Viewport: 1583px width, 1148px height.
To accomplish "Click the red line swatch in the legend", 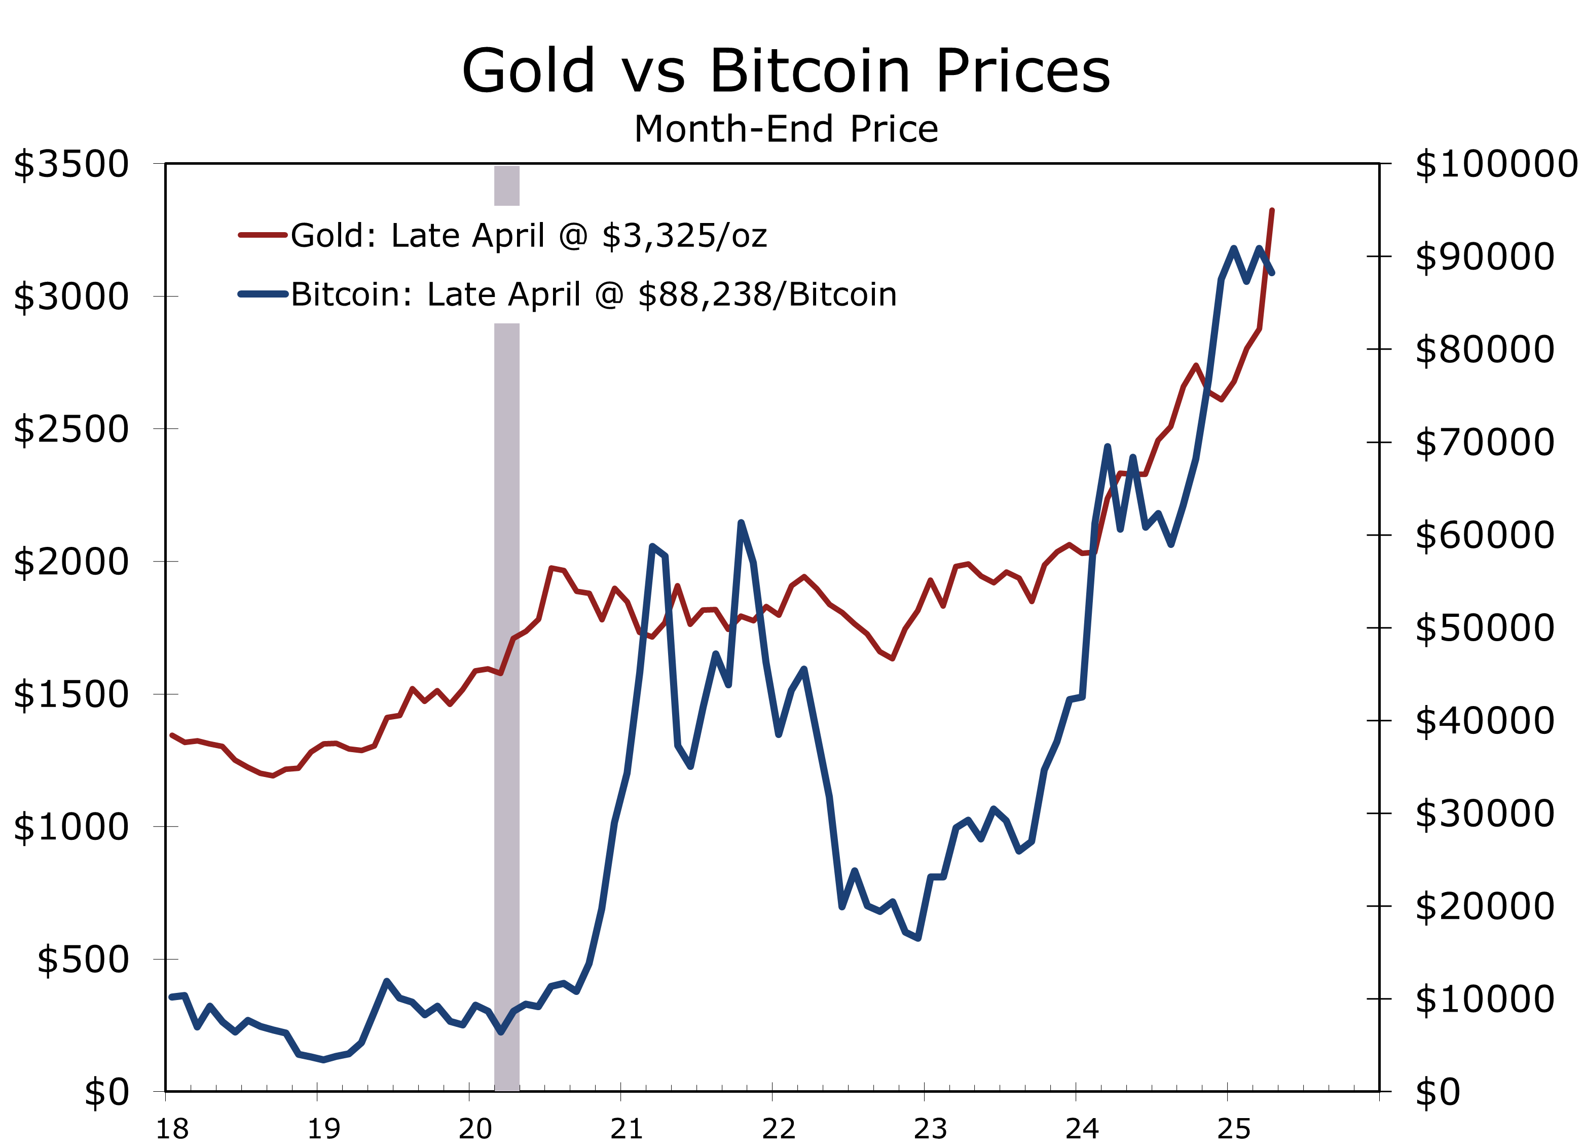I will click(263, 235).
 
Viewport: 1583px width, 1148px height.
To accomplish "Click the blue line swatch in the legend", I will click(263, 294).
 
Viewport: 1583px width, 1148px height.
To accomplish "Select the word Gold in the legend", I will click(326, 236).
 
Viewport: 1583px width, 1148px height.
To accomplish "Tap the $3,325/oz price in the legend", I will click(684, 236).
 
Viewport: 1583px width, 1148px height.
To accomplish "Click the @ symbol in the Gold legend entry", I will click(573, 236).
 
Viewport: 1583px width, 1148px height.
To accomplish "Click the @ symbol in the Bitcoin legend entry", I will click(609, 294).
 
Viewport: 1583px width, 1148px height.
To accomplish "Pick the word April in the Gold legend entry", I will click(507, 236).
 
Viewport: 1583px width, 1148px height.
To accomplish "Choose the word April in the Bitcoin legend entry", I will click(544, 294).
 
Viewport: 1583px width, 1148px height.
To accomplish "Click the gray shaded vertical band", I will click(507, 698).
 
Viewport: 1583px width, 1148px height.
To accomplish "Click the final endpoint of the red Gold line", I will click(1272, 210).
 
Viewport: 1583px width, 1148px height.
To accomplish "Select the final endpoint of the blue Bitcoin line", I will click(1272, 273).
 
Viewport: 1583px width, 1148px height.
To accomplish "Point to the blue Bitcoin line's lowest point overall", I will click(323, 1060).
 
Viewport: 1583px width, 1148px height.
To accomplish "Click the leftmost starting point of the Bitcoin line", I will click(172, 997).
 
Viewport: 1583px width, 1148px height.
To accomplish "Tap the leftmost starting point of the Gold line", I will click(172, 735).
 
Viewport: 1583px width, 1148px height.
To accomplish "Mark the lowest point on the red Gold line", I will click(273, 775).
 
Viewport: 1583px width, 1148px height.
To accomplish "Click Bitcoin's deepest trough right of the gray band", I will click(918, 939).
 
